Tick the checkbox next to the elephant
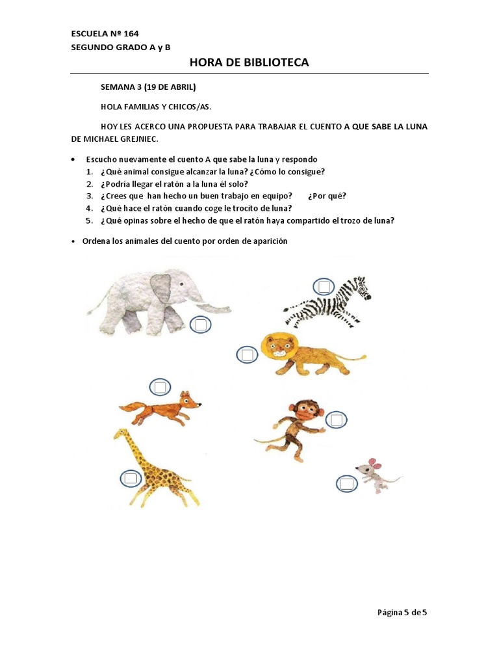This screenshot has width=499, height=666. (x=201, y=325)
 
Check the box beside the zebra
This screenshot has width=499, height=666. (x=324, y=287)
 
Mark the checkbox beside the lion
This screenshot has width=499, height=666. (x=247, y=354)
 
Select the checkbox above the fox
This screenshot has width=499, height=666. (x=160, y=387)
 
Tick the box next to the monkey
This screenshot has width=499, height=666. (x=337, y=420)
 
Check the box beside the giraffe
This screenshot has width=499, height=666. (x=131, y=478)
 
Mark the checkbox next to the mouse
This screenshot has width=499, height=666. (x=347, y=483)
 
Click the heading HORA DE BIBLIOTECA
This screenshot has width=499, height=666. (x=249, y=62)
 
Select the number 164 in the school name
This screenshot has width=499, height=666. (x=131, y=34)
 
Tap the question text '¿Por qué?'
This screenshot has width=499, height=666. (x=327, y=196)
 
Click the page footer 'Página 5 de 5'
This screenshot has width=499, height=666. (x=402, y=612)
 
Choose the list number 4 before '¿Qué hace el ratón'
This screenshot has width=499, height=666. (x=89, y=208)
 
